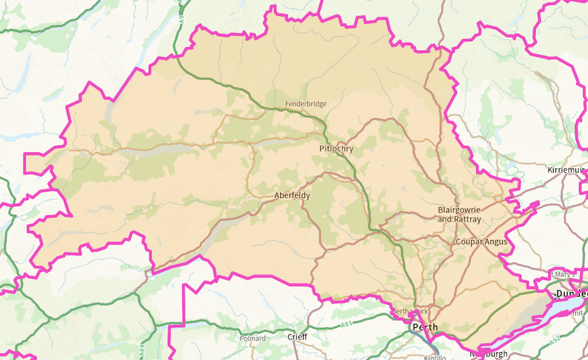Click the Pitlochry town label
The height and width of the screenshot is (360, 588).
(336, 149)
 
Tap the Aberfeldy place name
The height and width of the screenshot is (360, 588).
(292, 196)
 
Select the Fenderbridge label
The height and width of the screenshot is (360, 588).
(305, 104)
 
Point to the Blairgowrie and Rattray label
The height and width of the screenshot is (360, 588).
(459, 214)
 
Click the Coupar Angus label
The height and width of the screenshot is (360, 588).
(481, 242)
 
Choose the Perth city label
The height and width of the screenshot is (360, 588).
(424, 327)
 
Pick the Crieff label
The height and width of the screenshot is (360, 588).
(297, 337)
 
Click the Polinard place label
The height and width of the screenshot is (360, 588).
(253, 338)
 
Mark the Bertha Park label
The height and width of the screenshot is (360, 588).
(410, 311)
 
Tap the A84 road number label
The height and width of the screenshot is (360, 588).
(141, 348)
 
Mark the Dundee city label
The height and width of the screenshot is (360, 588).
(571, 294)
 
